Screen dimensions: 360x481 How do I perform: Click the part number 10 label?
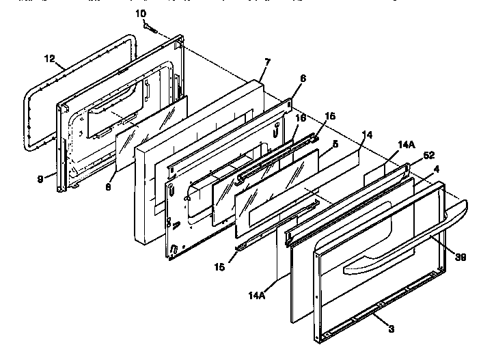141,14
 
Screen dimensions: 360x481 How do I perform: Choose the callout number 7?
267,61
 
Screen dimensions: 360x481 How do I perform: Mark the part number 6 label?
303,79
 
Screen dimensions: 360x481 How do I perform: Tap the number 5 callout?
335,144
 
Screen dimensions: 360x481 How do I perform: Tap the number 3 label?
391,330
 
